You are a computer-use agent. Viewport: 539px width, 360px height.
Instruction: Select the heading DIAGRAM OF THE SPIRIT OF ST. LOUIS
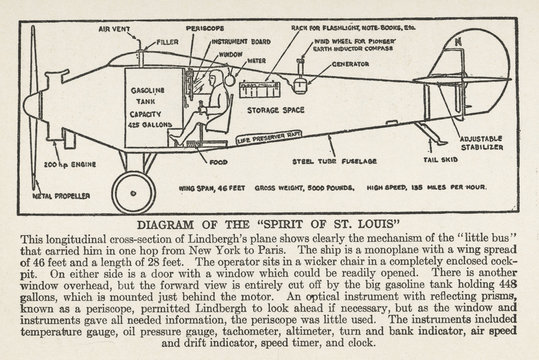click(x=269, y=225)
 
